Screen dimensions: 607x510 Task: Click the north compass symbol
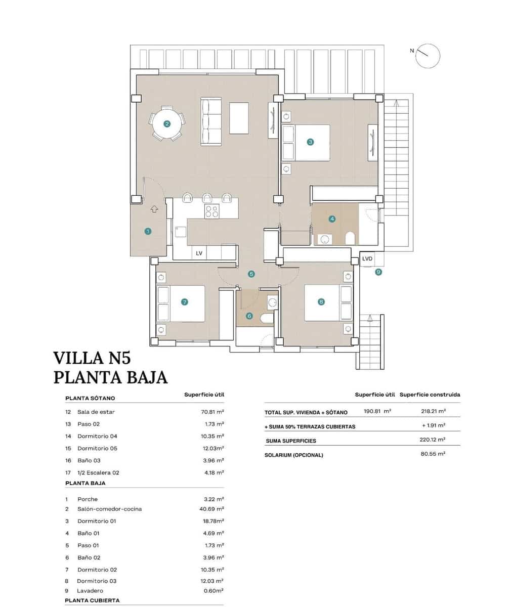click(x=428, y=56)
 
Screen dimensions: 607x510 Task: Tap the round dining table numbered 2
click(x=166, y=123)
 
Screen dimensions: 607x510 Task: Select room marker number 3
click(x=310, y=142)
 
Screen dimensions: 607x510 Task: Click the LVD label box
click(x=367, y=259)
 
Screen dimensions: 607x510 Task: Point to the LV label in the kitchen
click(x=199, y=253)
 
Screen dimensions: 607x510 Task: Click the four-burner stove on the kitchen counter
click(x=211, y=211)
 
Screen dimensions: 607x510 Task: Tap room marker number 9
click(x=378, y=272)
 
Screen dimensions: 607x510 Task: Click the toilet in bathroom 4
click(x=349, y=238)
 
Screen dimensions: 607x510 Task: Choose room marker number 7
click(x=184, y=302)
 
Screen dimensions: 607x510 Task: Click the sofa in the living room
click(x=211, y=122)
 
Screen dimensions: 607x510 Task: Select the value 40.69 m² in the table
click(x=212, y=509)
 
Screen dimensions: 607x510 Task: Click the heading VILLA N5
click(x=92, y=358)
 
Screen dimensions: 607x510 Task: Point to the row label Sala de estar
click(x=96, y=412)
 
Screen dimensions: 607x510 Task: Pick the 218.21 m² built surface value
click(x=433, y=412)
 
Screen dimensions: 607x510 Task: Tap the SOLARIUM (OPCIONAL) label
click(x=293, y=455)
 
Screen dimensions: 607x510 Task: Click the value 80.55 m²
click(x=433, y=454)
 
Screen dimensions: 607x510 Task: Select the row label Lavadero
click(x=90, y=590)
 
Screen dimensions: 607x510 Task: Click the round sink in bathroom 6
click(x=272, y=302)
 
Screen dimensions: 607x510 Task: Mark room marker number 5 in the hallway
click(x=251, y=274)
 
